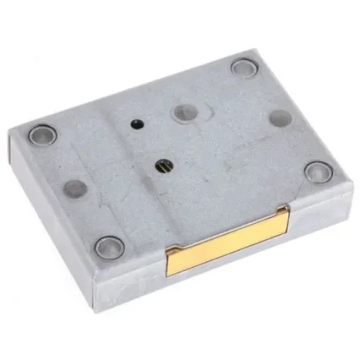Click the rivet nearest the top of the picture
[x=244, y=68]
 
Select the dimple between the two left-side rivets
[x=75, y=188]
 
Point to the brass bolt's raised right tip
[x=283, y=213]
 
